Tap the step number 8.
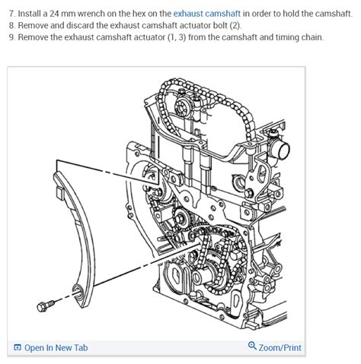point(10,25)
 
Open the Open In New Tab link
point(56,347)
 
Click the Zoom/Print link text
point(280,347)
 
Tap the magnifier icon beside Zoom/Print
point(252,347)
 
